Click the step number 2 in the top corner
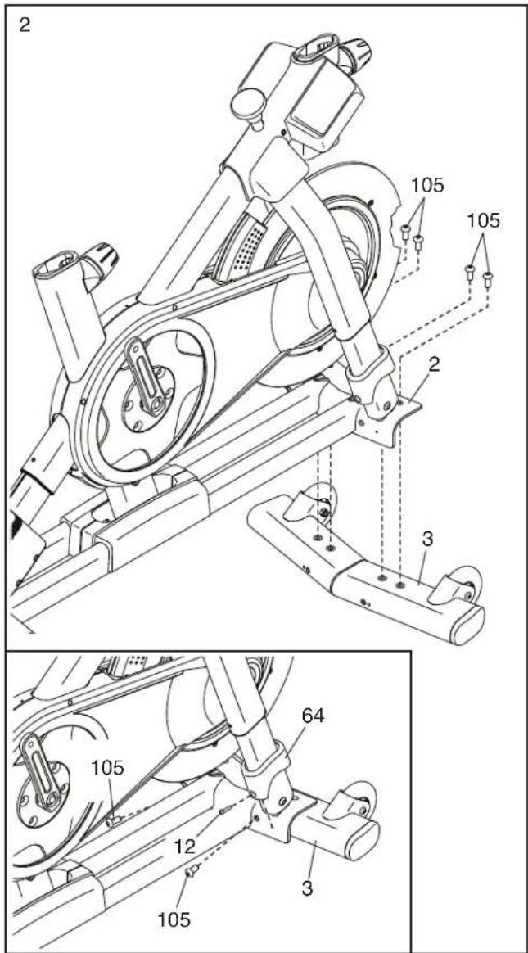24,25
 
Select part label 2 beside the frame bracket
433,364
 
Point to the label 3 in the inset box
308,888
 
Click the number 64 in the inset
313,716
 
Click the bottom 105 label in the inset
174,919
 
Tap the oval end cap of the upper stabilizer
468,624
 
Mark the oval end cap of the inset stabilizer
364,840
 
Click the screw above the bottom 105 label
192,872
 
